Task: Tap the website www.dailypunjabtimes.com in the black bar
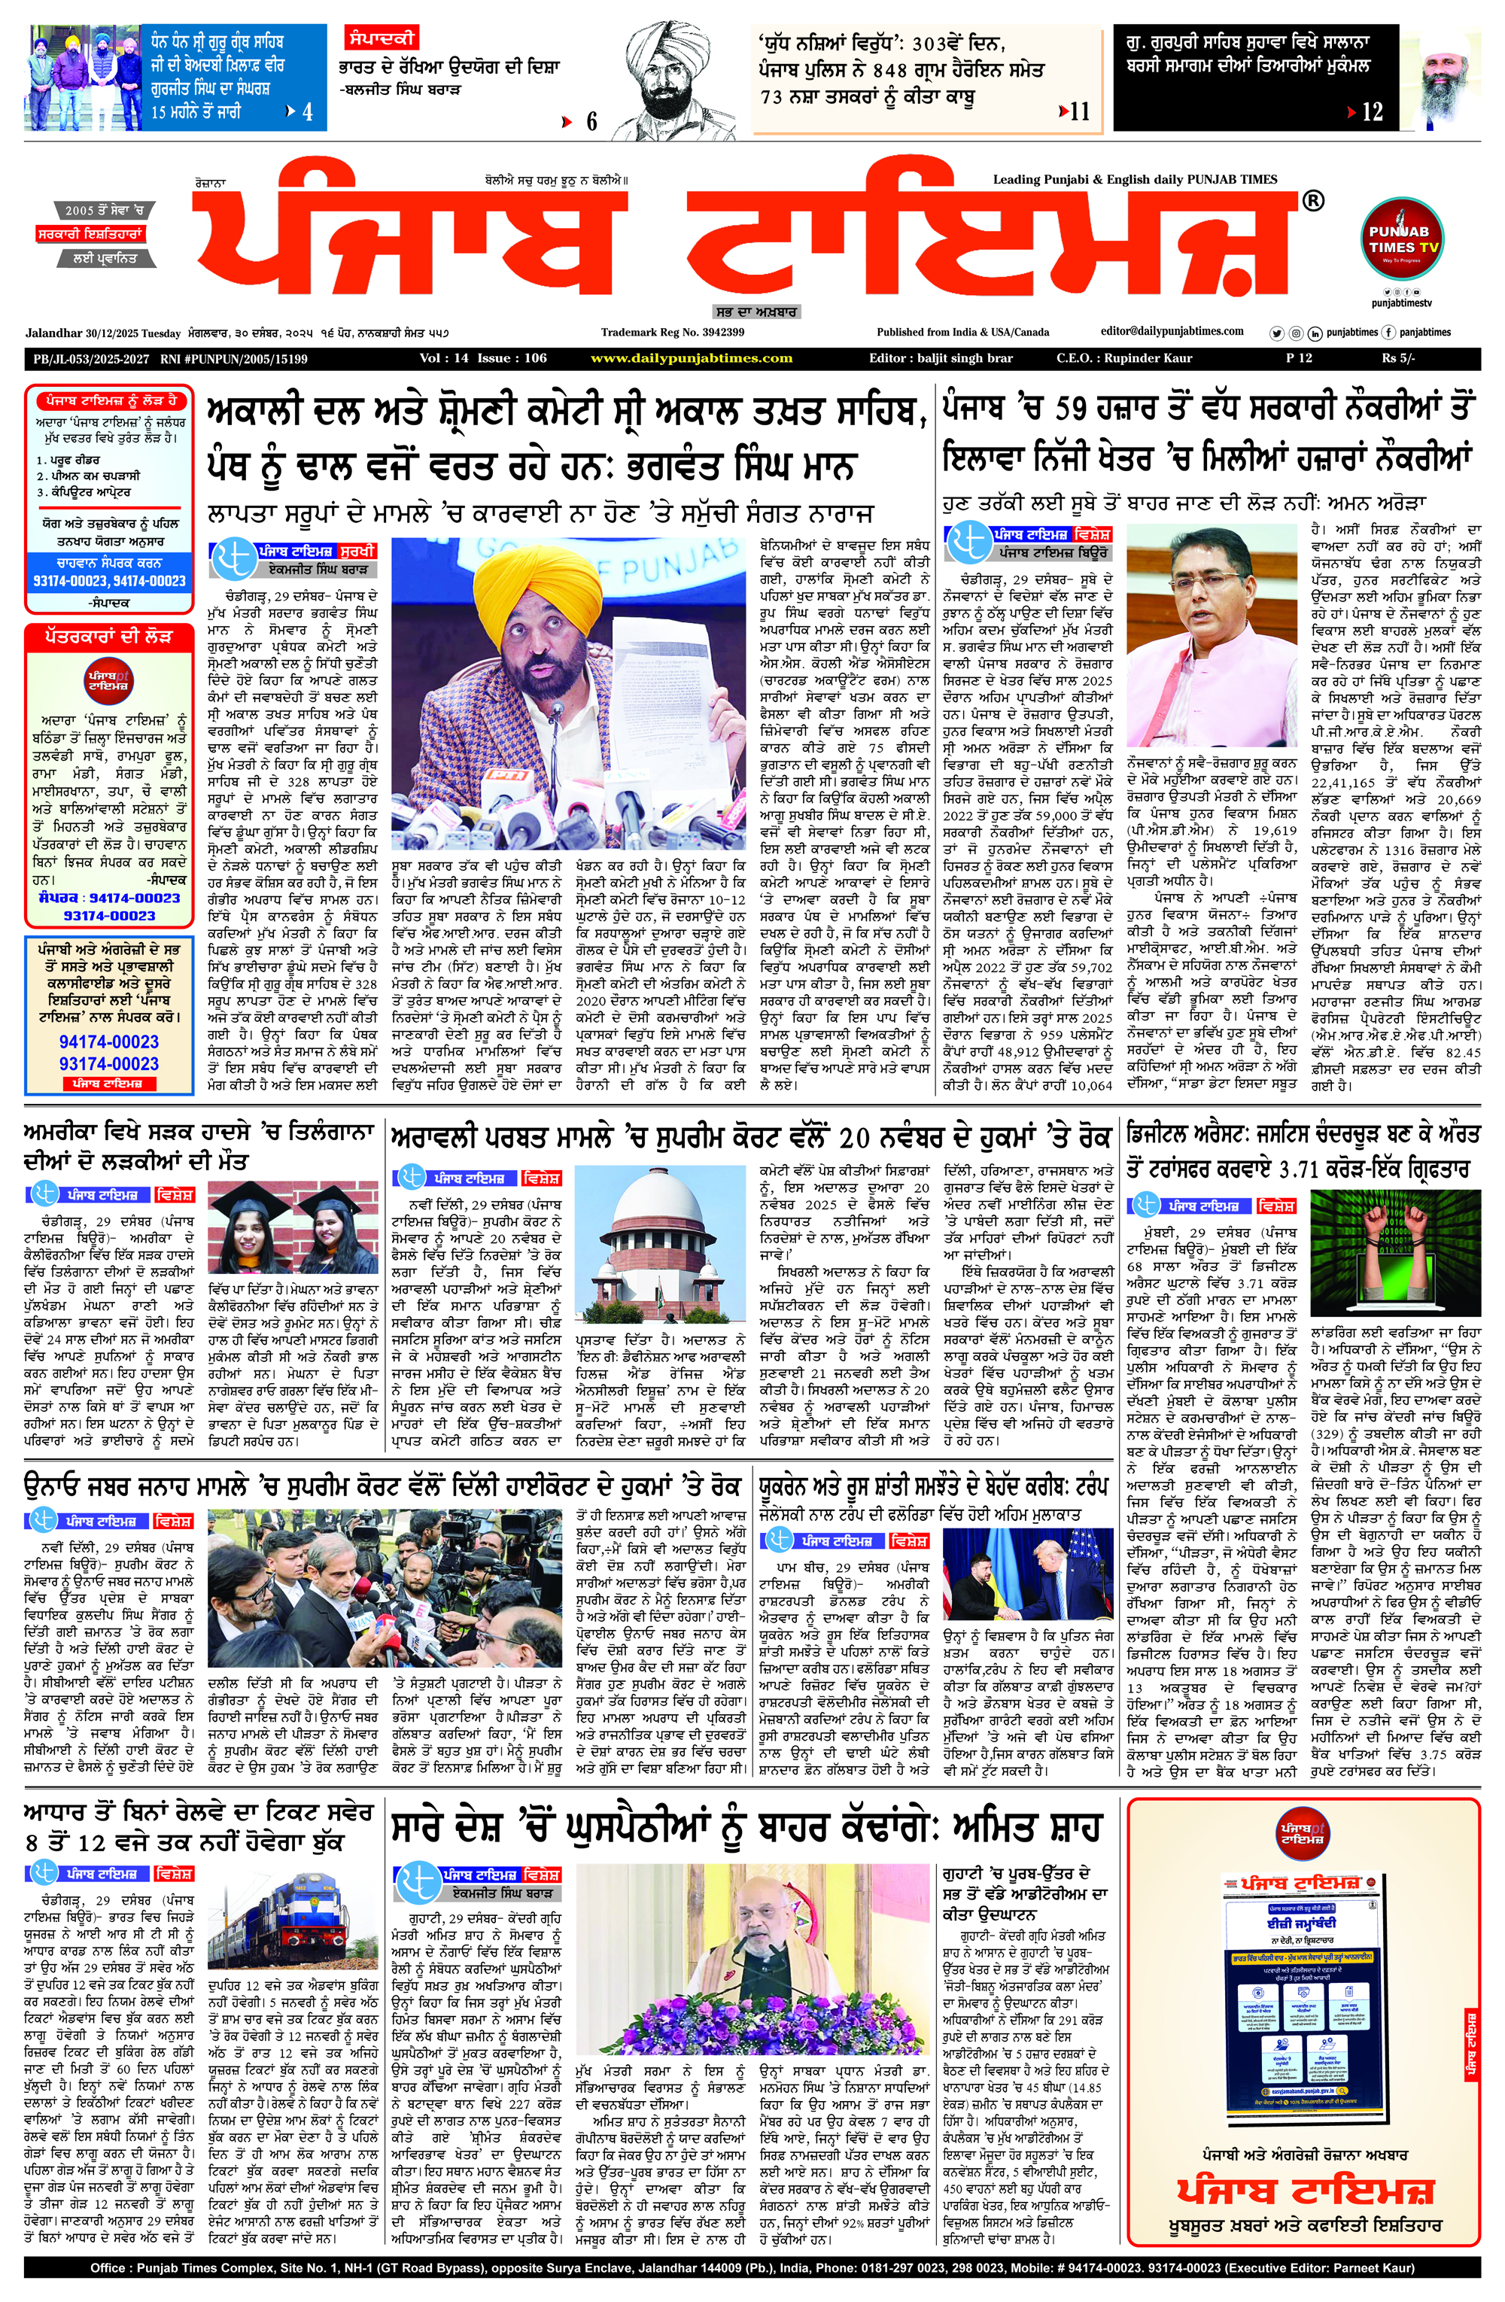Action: [x=692, y=358]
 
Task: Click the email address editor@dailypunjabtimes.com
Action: [x=1172, y=332]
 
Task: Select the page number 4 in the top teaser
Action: [x=308, y=112]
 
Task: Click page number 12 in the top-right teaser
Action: [x=1373, y=112]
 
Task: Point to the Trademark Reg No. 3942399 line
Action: [x=672, y=333]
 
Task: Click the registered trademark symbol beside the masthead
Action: [x=1312, y=201]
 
